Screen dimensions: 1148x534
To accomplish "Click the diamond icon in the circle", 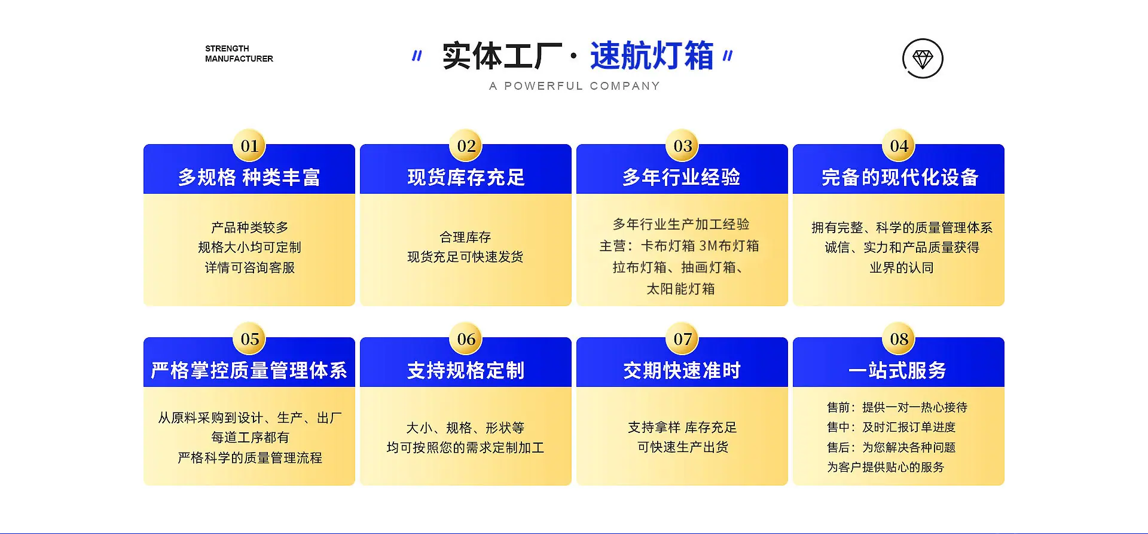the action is click(923, 59).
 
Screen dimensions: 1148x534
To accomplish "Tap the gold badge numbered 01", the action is click(249, 145).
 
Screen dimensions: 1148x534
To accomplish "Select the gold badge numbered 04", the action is click(899, 145).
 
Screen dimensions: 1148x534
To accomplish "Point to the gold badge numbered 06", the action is click(466, 338).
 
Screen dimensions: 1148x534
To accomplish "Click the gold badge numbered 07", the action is click(682, 338).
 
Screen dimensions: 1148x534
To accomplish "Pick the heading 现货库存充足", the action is click(466, 177).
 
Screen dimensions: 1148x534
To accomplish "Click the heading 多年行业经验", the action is click(682, 177).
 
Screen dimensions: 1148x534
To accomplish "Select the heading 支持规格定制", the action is click(466, 370).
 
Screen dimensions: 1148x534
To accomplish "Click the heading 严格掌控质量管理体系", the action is click(249, 370).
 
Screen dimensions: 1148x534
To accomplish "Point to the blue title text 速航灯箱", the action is click(652, 56).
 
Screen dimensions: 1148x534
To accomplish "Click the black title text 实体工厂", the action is click(502, 56).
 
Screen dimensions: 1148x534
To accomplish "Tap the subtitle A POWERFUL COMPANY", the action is click(574, 86).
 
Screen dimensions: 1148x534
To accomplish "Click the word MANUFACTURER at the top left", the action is click(239, 59).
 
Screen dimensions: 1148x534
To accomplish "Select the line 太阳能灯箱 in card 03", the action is click(680, 289).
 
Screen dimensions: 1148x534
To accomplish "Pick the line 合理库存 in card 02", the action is click(465, 237).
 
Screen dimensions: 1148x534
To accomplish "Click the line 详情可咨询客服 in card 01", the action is click(250, 267).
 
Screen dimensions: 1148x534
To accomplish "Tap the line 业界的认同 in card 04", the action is click(902, 267).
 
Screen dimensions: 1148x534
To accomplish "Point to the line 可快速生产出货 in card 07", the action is click(682, 447).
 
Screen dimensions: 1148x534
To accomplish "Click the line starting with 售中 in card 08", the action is click(891, 427).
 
